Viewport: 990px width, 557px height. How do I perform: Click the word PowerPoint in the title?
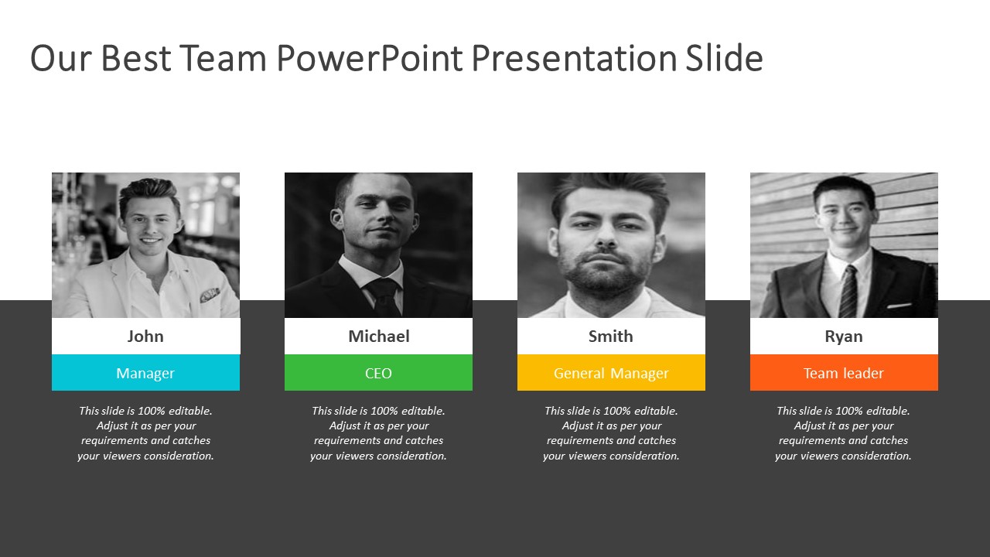370,57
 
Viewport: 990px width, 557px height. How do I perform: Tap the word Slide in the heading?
724,57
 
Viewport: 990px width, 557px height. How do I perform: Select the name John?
145,337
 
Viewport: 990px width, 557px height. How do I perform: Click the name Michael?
379,337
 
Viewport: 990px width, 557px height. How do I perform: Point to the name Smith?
611,337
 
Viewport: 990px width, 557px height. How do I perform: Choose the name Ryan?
844,337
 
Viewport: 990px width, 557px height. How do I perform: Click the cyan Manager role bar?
146,373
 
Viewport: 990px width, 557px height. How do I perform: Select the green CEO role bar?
378,373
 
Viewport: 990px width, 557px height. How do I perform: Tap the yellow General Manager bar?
611,373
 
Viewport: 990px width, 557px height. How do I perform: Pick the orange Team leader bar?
844,373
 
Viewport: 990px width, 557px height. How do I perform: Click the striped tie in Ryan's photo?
848,292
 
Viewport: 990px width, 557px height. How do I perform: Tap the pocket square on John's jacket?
210,295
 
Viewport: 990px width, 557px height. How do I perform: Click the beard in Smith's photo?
604,272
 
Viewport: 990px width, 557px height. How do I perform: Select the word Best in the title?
136,57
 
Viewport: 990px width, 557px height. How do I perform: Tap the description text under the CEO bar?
378,433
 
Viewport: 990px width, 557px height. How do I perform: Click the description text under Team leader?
843,433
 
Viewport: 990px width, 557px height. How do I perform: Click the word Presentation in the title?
574,57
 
